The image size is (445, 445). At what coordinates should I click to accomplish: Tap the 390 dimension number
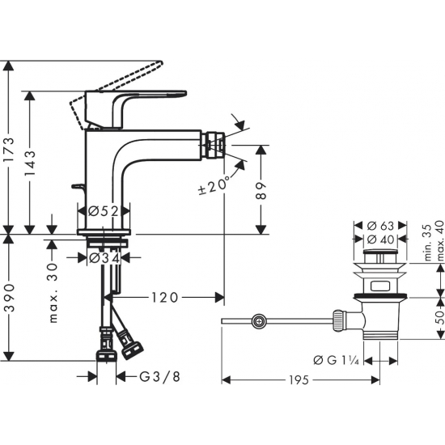click(x=9, y=297)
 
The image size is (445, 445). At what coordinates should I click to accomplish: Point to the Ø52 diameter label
click(x=104, y=211)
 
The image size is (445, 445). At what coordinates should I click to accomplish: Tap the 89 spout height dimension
click(x=261, y=189)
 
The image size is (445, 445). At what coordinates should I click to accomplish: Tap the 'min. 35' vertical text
click(x=426, y=244)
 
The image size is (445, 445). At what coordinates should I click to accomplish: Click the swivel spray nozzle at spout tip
click(x=214, y=147)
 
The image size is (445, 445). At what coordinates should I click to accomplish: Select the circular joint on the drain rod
click(x=258, y=322)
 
